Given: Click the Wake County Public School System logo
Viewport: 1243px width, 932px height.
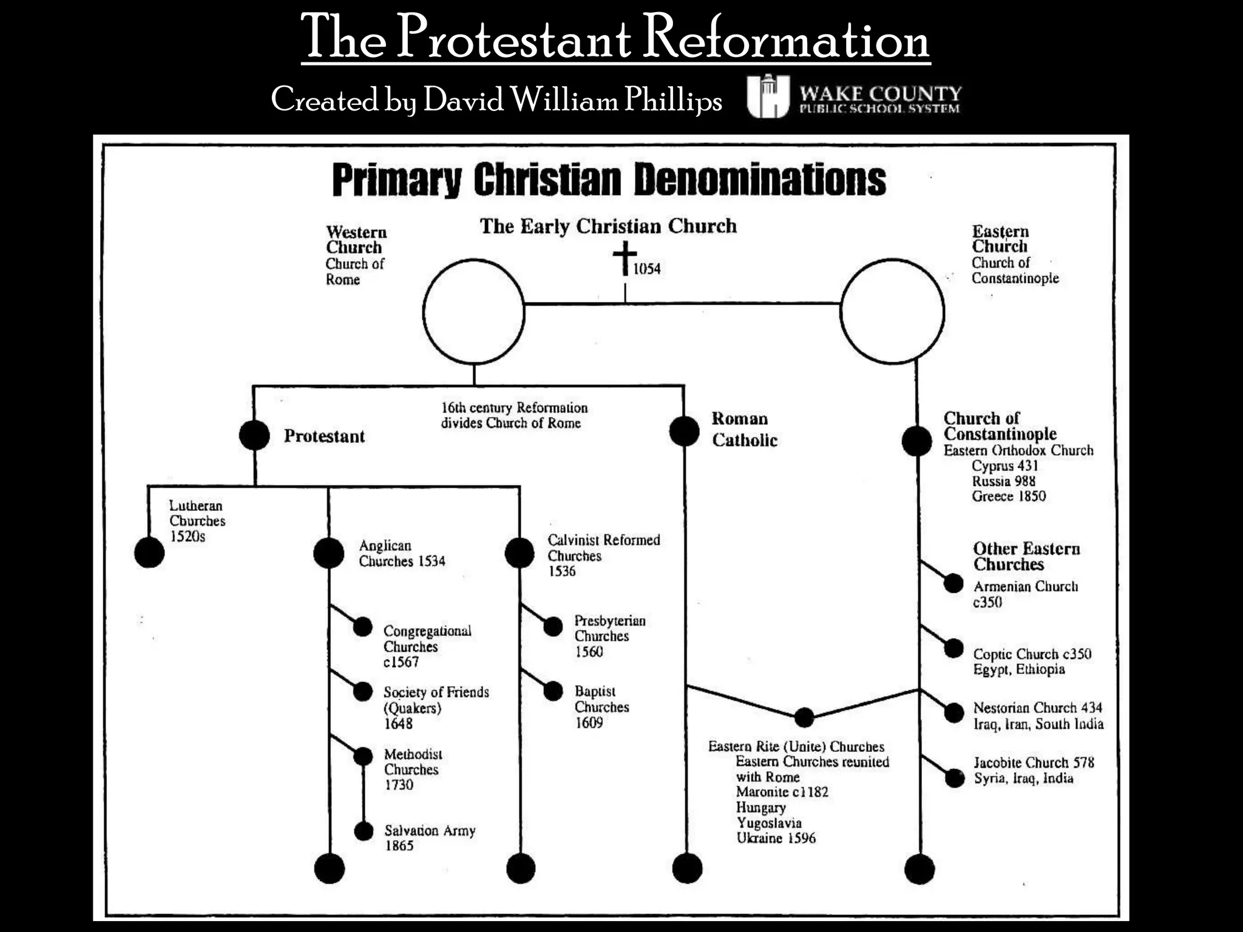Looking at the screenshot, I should (x=854, y=96).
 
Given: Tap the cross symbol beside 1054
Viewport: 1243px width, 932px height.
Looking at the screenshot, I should (x=625, y=257).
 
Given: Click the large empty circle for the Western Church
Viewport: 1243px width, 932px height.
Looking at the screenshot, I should (x=473, y=312).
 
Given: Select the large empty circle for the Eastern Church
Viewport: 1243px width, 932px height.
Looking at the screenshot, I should (x=892, y=311).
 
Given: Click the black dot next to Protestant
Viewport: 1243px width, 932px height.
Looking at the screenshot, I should (x=254, y=435).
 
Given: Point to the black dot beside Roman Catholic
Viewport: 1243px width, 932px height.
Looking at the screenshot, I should (x=684, y=431).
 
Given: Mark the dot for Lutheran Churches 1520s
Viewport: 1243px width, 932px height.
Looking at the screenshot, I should (x=149, y=552).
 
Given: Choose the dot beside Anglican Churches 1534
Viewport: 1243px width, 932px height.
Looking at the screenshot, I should (x=329, y=553).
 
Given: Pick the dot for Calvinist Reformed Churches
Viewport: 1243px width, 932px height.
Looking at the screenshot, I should (x=520, y=553).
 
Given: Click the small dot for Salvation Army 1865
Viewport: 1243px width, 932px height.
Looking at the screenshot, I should (x=364, y=831).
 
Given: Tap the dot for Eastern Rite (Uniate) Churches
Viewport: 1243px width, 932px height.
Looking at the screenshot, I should (x=804, y=717).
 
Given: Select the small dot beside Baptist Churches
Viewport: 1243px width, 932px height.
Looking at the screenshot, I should (x=553, y=691).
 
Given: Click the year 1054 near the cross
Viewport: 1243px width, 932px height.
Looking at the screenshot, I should (x=647, y=269).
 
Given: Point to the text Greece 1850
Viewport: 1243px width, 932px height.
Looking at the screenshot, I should (x=1009, y=496).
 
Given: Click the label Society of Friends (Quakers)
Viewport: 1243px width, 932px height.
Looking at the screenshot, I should (x=436, y=700).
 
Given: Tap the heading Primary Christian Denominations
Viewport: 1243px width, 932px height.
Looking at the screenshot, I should (x=609, y=180).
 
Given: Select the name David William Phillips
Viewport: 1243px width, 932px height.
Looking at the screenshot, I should (x=572, y=100).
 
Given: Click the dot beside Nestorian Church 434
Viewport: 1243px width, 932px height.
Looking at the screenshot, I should (x=954, y=712).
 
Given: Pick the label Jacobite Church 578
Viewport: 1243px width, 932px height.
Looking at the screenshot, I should (x=1034, y=763).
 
